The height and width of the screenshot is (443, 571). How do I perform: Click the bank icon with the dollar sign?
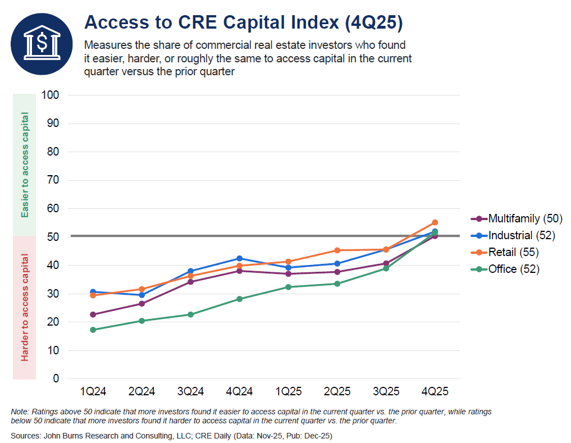pyautogui.click(x=42, y=44)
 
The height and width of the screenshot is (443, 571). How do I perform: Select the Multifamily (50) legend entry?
pyautogui.click(x=517, y=218)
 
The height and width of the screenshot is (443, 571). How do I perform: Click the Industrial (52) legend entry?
pyautogui.click(x=513, y=235)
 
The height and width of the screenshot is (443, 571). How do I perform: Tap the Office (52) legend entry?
pyautogui.click(x=505, y=269)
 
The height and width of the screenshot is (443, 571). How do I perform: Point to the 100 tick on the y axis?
pyautogui.click(x=50, y=95)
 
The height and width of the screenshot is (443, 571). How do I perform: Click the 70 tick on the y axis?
pyautogui.click(x=53, y=180)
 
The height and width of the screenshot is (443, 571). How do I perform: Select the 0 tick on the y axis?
pyautogui.click(x=56, y=378)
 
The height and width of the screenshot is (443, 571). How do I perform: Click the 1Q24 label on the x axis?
pyautogui.click(x=93, y=391)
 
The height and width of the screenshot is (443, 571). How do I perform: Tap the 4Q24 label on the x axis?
pyautogui.click(x=239, y=391)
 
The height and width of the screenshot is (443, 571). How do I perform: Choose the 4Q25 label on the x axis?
pyautogui.click(x=435, y=391)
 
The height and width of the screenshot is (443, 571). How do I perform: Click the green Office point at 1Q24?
pyautogui.click(x=93, y=330)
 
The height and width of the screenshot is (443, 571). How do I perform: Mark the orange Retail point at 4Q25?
pyautogui.click(x=435, y=222)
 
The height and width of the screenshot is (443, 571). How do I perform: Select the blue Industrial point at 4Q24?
pyautogui.click(x=239, y=259)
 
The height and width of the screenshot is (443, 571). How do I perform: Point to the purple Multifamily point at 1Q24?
pyautogui.click(x=93, y=314)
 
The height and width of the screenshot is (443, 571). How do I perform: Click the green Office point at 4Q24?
pyautogui.click(x=239, y=299)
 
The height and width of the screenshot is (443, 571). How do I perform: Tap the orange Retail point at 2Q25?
pyautogui.click(x=337, y=250)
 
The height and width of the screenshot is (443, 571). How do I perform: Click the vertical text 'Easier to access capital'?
pyautogui.click(x=24, y=165)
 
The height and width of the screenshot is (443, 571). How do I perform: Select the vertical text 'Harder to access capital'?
pyautogui.click(x=24, y=308)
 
